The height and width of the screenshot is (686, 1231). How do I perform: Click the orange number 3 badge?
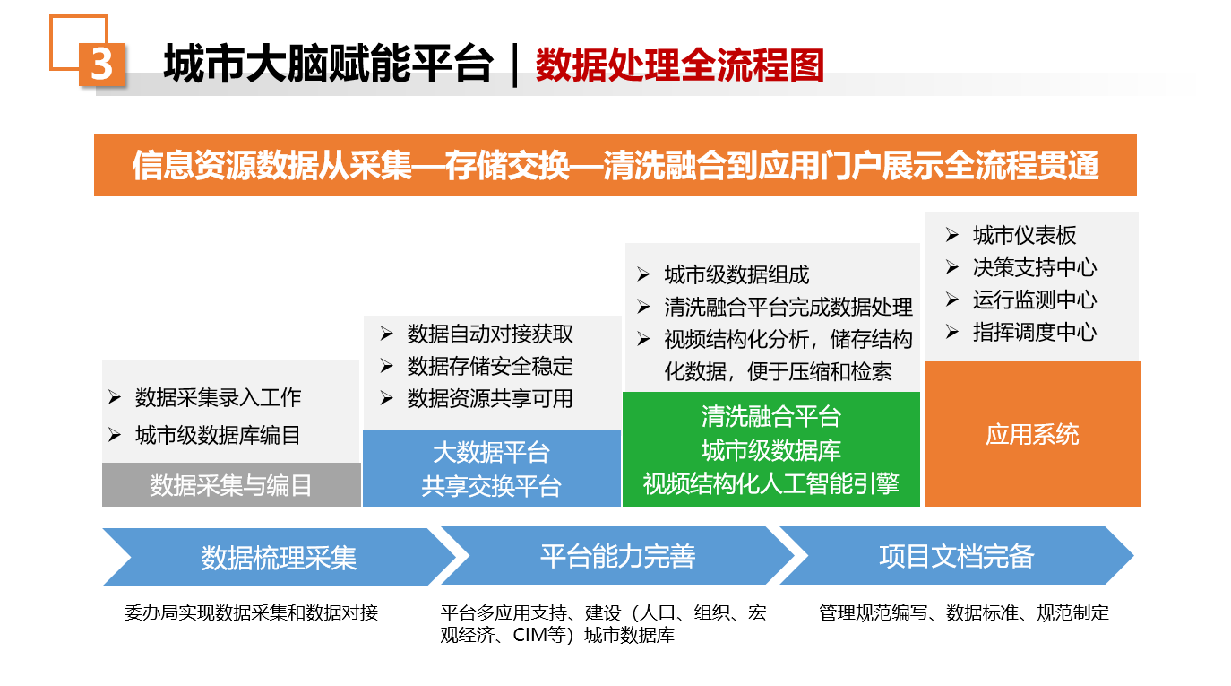click(101, 65)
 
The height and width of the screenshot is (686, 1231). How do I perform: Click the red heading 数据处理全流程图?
click(680, 65)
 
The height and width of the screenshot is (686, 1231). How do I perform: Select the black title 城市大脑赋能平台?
click(328, 64)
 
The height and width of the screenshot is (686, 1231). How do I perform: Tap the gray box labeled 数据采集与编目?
click(231, 484)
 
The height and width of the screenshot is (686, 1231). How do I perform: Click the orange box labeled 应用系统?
click(1033, 434)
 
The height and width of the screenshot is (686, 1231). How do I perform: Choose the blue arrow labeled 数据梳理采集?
click(279, 557)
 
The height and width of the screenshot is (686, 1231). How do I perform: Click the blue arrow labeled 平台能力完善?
click(617, 556)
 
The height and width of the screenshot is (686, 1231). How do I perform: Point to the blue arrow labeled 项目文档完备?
click(957, 556)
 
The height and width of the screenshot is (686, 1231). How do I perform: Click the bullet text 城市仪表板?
click(1024, 236)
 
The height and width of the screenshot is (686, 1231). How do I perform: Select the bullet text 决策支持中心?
click(1035, 268)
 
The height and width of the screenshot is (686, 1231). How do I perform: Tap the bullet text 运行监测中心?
click(1035, 300)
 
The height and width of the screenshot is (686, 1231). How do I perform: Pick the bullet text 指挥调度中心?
click(1035, 333)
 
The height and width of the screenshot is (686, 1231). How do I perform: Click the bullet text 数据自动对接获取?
click(490, 334)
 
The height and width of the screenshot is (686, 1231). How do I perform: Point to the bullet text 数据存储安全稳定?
click(490, 367)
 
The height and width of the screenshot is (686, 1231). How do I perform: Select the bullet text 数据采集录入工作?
click(219, 398)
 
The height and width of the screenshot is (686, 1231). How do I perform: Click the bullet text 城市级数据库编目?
click(219, 435)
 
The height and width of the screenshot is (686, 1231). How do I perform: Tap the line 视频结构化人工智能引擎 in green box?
click(771, 484)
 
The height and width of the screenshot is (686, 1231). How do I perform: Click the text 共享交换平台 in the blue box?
click(491, 486)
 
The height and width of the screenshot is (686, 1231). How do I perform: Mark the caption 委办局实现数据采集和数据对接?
click(251, 612)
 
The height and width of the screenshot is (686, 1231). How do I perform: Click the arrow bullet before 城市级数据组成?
click(643, 274)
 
